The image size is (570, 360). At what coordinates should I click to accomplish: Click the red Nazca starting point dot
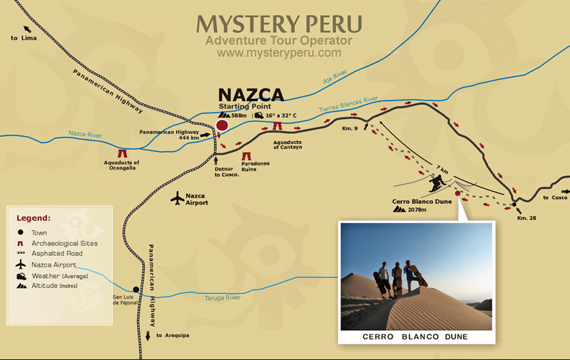[x=222, y=126]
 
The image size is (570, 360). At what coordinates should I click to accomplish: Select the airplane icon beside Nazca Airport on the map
[x=177, y=198]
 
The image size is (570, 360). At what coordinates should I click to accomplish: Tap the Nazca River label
[x=86, y=133]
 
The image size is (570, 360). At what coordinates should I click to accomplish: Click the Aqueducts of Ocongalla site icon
[x=121, y=153]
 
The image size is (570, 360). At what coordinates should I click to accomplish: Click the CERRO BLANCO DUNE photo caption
[x=416, y=336]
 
